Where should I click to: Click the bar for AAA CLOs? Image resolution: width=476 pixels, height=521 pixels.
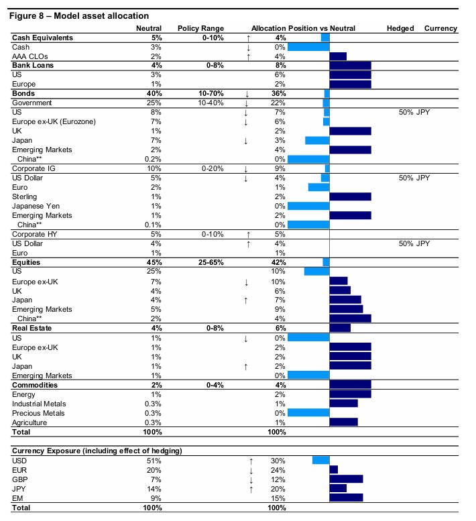click(x=338, y=56)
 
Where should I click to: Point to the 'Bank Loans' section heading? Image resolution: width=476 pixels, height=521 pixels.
click(x=33, y=66)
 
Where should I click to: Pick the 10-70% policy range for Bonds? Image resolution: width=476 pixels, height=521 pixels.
click(x=200, y=94)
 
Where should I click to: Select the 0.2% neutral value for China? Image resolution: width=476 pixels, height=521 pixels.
click(x=153, y=159)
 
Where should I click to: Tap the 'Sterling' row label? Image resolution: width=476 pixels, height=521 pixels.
click(x=25, y=196)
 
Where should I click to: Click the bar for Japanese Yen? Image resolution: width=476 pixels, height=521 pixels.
click(x=308, y=206)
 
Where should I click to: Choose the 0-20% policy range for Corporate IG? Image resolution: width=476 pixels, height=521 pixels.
click(x=200, y=168)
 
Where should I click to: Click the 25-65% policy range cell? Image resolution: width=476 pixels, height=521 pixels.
click(x=200, y=262)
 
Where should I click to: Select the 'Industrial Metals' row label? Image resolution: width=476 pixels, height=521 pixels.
click(x=39, y=403)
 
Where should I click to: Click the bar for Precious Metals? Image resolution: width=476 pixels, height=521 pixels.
click(x=308, y=413)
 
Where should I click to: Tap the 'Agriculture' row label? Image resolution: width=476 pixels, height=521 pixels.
click(x=30, y=422)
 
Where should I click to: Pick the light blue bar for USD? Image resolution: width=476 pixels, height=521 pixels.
click(x=320, y=460)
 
